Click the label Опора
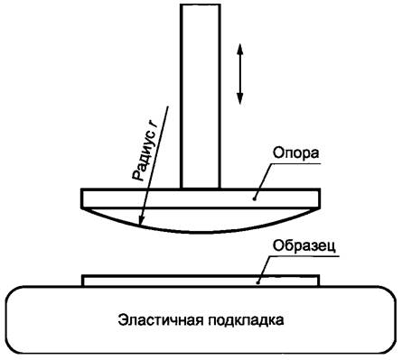click(x=292, y=171)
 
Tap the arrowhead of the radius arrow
click(x=139, y=220)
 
